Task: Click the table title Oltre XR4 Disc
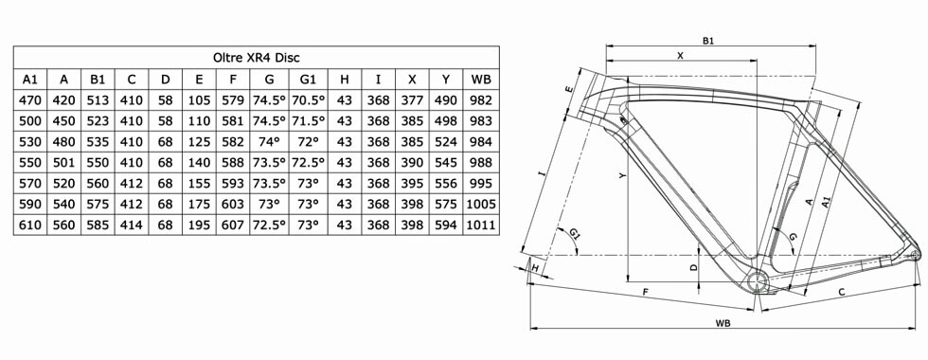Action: point(257,58)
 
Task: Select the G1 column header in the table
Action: point(308,80)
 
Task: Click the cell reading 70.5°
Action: point(308,100)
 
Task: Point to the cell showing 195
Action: point(199,225)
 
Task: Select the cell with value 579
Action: point(233,100)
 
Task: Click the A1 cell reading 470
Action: point(30,100)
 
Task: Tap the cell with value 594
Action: point(446,225)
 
